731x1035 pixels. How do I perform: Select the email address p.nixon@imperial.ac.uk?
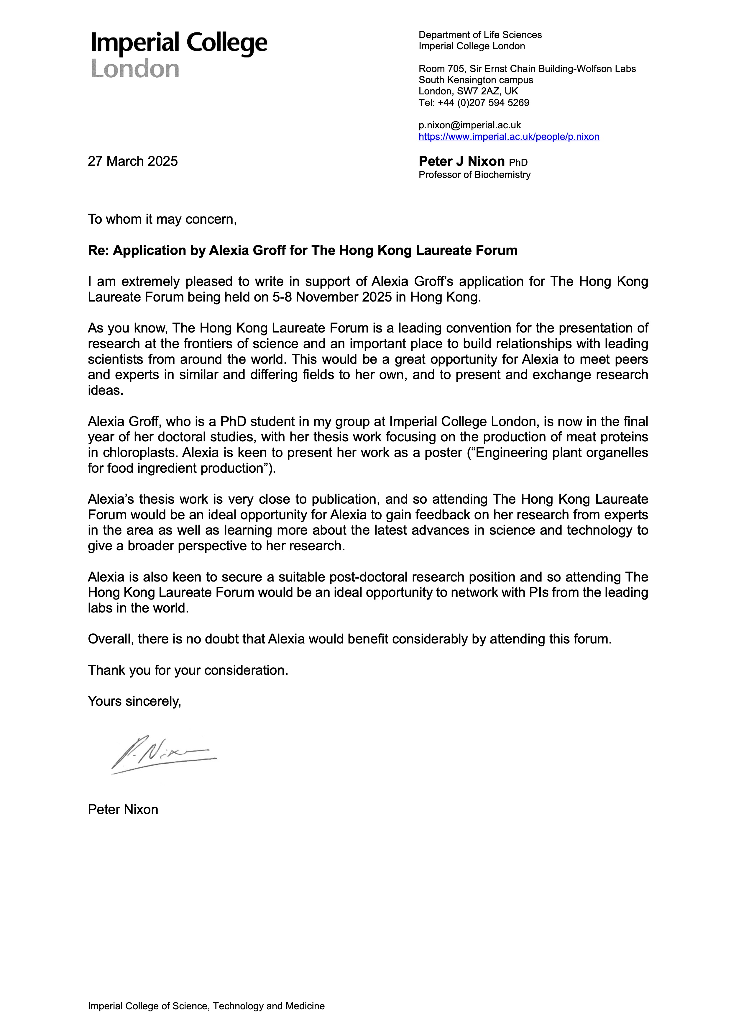469,125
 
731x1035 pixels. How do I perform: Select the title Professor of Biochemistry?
474,175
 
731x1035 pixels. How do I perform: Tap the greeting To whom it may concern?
162,219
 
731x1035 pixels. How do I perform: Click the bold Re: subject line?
302,250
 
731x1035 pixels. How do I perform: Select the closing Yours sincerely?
134,701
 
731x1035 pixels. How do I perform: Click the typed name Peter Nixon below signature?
123,810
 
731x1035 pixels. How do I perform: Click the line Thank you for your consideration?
188,670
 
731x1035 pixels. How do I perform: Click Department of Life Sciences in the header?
480,35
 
